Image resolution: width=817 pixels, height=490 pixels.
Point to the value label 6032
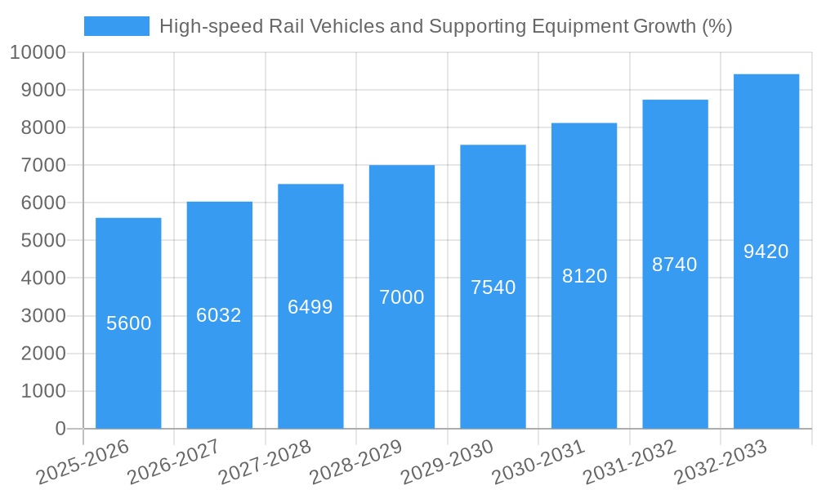[x=219, y=315]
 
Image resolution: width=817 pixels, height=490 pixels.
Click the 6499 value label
[x=310, y=307]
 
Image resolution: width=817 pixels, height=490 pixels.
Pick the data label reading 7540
[x=493, y=287]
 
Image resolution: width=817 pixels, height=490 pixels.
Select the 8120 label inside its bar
[x=584, y=276]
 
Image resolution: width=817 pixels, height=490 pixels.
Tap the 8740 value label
[x=675, y=265]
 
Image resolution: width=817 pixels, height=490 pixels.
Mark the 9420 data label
[x=766, y=252]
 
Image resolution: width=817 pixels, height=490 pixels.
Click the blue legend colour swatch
[x=117, y=26]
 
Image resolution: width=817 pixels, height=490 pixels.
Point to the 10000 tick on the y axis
[x=38, y=53]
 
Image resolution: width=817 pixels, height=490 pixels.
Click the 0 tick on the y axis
[x=60, y=429]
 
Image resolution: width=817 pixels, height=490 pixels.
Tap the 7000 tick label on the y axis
[x=43, y=166]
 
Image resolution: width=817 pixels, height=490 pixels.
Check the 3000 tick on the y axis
[x=43, y=316]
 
